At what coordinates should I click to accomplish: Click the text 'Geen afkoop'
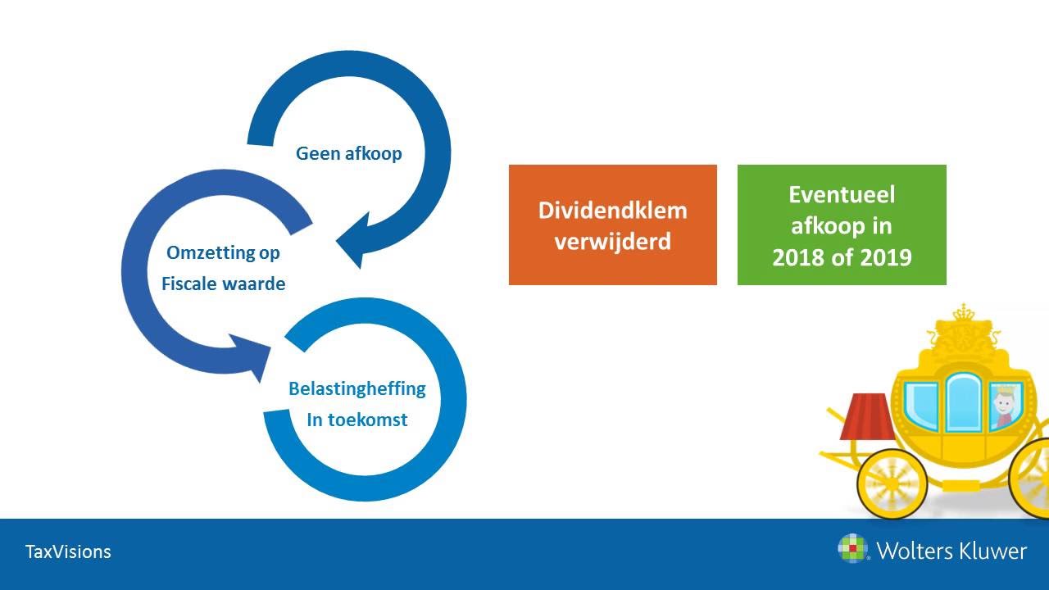[349, 153]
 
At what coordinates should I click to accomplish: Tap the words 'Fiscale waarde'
[223, 284]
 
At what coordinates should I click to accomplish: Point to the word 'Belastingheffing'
[356, 388]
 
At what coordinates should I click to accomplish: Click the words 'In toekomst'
[356, 420]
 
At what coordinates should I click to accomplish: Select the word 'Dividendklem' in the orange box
[612, 210]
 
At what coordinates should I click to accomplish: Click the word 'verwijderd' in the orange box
[612, 242]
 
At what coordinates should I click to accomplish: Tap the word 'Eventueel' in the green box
[842, 194]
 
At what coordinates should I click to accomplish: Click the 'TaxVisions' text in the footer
[68, 551]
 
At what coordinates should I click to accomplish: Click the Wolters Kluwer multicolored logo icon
[852, 548]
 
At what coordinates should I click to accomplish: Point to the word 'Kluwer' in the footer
[988, 551]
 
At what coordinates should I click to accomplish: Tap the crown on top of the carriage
[960, 315]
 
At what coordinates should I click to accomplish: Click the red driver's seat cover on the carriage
[867, 416]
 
